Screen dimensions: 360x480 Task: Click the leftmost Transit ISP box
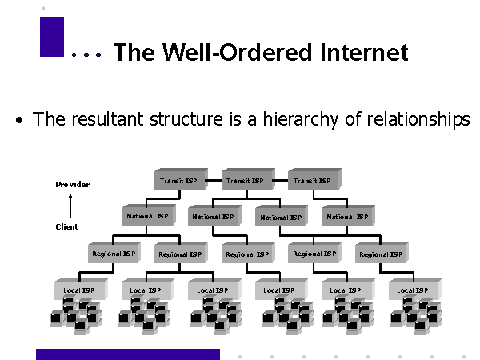[x=178, y=181]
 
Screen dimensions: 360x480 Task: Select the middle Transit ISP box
[x=244, y=181]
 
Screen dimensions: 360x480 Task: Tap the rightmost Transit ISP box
[x=311, y=181]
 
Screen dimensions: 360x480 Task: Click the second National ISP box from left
[x=212, y=217]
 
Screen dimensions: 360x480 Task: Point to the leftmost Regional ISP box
[x=112, y=254]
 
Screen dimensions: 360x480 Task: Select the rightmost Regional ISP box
[x=379, y=254]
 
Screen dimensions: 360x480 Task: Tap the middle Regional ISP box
[x=246, y=254]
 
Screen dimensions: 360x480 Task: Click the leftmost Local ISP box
[x=78, y=290]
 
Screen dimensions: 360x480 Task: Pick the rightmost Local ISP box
[x=413, y=290]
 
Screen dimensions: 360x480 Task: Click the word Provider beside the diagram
[x=72, y=185]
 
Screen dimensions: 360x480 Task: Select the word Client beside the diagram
[x=66, y=226]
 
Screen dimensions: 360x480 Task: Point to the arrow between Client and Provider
[x=70, y=206]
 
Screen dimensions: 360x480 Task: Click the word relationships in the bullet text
[x=418, y=120]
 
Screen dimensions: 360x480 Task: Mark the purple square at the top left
[x=51, y=37]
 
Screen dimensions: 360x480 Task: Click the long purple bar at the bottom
[x=127, y=354]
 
